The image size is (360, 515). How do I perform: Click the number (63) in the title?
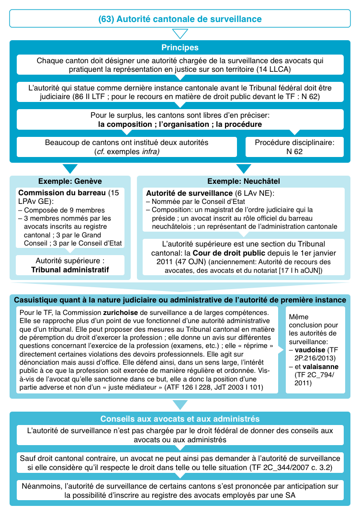click(x=106, y=19)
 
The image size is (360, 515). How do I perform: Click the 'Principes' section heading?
click(x=180, y=48)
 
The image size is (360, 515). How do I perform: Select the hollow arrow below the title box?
click(x=180, y=34)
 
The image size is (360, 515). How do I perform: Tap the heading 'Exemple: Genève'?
click(x=70, y=181)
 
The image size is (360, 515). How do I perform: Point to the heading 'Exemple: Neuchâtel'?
click(x=244, y=181)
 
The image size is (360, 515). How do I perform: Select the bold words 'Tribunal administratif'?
click(x=70, y=270)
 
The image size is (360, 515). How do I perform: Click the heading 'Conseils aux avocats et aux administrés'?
click(x=180, y=419)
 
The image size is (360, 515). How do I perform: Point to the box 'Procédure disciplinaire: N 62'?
click(x=294, y=147)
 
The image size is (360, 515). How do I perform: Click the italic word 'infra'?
click(x=148, y=152)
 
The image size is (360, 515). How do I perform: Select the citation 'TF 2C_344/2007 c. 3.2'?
click(x=289, y=466)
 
